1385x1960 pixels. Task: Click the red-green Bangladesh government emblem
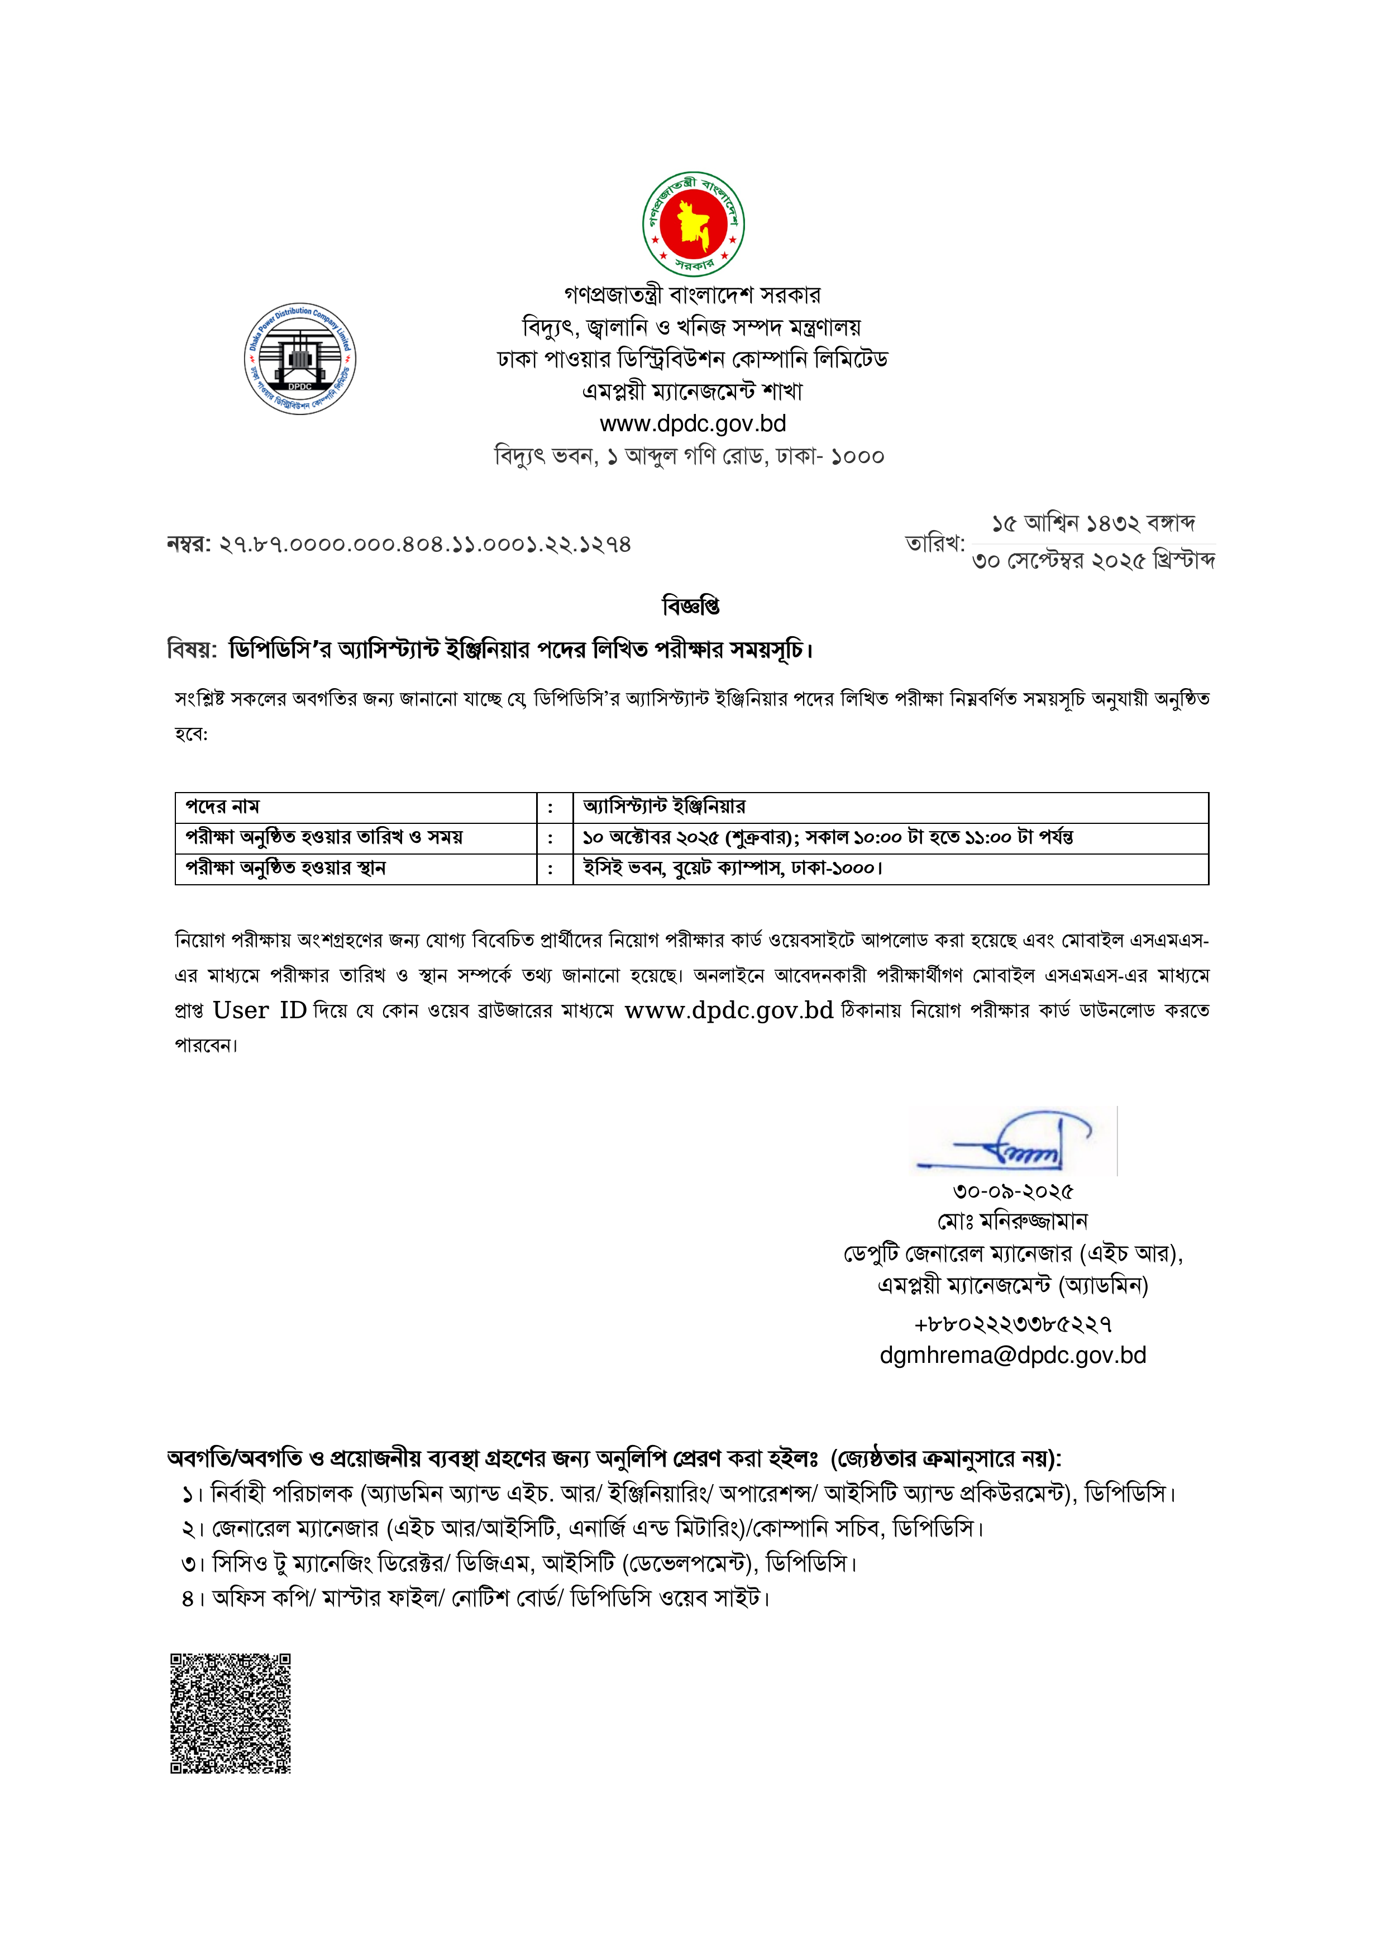click(693, 223)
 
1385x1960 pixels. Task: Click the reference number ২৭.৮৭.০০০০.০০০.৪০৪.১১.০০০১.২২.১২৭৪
click(424, 545)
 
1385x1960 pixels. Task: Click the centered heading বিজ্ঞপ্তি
click(691, 606)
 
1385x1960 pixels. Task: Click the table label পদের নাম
click(223, 807)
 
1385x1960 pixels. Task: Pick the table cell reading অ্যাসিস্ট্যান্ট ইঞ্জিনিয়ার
click(664, 807)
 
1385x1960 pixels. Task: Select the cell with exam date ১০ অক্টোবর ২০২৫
click(827, 837)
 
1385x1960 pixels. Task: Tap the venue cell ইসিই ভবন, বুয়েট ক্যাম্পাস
click(732, 868)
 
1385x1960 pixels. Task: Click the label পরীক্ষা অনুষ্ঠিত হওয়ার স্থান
click(286, 868)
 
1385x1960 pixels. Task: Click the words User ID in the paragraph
click(260, 1011)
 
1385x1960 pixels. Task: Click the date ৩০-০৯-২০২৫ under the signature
click(1012, 1191)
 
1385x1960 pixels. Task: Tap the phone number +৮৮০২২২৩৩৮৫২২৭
click(1012, 1324)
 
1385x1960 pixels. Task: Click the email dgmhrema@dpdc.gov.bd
click(1012, 1356)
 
